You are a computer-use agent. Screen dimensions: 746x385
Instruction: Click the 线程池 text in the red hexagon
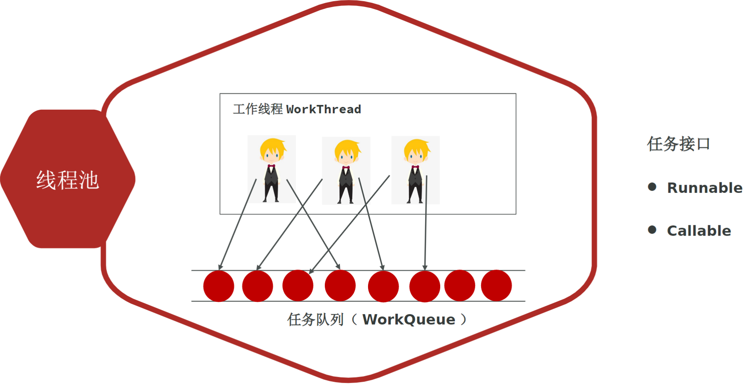coord(67,180)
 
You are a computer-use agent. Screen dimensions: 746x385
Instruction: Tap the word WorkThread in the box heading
coord(323,109)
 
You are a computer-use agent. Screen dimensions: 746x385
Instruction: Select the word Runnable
coord(704,188)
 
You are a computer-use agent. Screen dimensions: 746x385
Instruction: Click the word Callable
coord(699,231)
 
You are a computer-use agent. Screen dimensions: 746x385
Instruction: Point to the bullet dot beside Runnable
coord(652,187)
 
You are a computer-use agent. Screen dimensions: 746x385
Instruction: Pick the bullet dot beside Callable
coord(652,230)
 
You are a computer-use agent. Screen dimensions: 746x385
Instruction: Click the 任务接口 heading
coord(678,144)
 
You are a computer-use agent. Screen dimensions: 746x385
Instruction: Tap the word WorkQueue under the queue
coord(408,320)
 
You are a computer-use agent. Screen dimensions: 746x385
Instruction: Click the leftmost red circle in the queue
coord(218,286)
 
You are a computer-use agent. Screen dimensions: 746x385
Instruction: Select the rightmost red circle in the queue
coord(496,286)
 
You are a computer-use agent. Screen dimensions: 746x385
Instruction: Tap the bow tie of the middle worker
coord(346,168)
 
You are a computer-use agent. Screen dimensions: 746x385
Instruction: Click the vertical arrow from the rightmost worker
coord(426,222)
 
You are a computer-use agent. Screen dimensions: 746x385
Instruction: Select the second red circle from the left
coord(258,286)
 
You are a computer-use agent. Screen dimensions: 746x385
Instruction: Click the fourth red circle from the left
coord(340,286)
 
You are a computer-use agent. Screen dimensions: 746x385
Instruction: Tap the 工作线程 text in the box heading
coord(258,109)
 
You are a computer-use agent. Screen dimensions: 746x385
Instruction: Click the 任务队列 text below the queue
coord(315,320)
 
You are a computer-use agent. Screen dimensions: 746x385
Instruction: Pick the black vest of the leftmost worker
coord(271,177)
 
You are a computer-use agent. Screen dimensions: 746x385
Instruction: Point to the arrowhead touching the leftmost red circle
coord(220,267)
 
